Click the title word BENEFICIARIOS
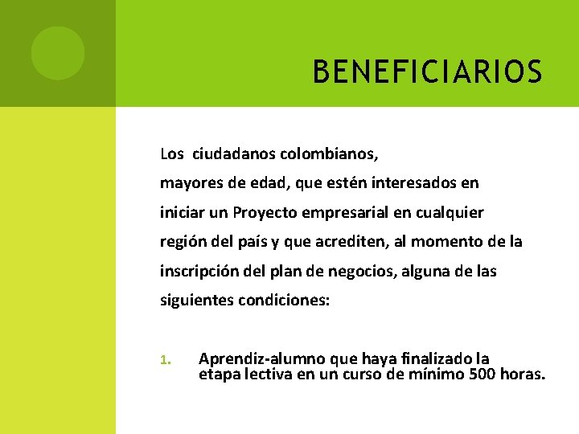[427, 72]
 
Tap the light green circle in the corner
[58, 53]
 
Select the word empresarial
[347, 212]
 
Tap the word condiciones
[284, 301]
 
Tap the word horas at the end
[523, 374]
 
